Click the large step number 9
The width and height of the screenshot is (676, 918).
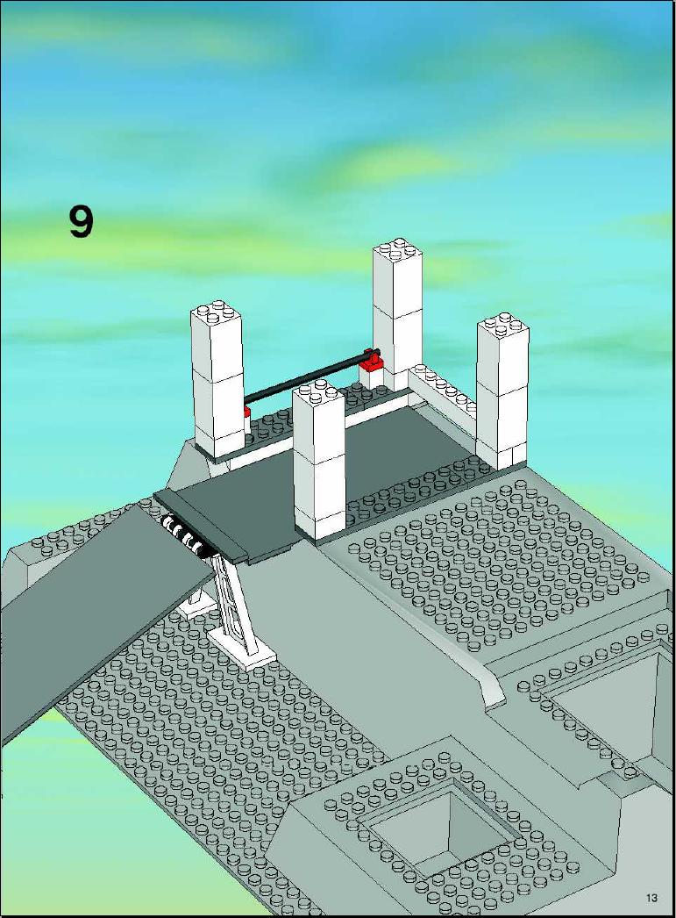tap(81, 221)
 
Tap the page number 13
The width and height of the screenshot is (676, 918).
tap(651, 897)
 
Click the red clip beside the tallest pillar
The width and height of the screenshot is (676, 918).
tap(372, 361)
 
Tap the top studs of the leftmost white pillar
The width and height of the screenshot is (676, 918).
tap(216, 312)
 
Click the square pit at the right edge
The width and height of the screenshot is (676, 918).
tap(620, 703)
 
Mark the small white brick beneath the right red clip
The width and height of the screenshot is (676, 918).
tap(372, 378)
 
